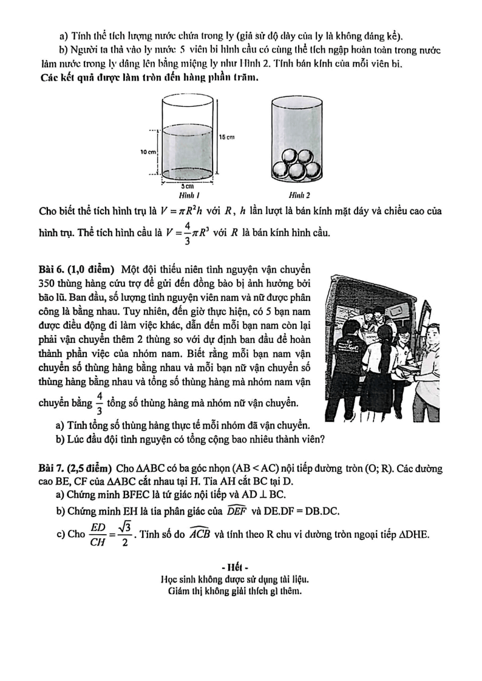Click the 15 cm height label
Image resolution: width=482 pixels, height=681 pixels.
click(x=227, y=138)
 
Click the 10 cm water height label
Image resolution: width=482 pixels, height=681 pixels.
click(x=149, y=151)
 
